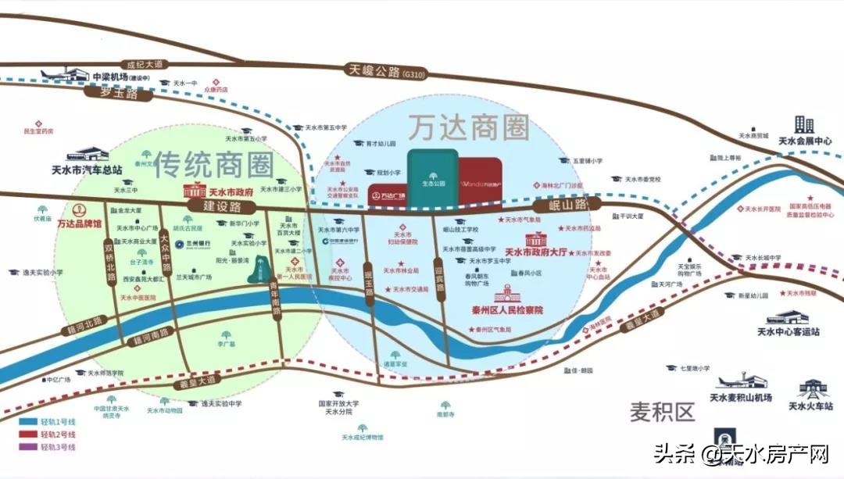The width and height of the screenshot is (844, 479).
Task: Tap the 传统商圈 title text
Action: pos(213,163)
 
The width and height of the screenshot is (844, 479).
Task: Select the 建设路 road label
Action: pos(213,206)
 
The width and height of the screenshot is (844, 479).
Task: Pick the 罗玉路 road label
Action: pos(118,92)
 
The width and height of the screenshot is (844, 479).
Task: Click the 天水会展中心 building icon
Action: pos(804,125)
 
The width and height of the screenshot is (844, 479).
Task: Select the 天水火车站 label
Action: pos(810,406)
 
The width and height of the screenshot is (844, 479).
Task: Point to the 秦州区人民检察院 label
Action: pos(507,310)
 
